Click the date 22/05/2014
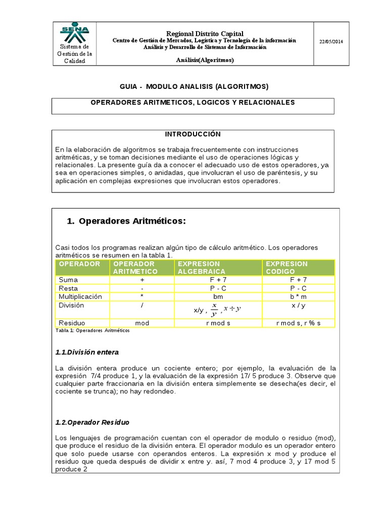pos(331,42)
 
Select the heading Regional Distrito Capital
pos(204,33)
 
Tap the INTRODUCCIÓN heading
pos(193,134)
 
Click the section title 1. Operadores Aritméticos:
pos(127,221)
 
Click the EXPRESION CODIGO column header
pos(286,268)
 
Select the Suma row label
pos(68,280)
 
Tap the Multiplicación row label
pos(80,296)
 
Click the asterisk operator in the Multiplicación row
pos(142,297)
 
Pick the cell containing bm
pos(218,297)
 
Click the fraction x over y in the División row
pos(214,309)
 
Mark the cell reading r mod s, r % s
pos(298,323)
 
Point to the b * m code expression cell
pos(298,297)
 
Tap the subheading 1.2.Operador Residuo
pos(92,422)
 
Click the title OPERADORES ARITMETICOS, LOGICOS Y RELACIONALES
pos(192,102)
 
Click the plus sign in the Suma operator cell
pos(142,280)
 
